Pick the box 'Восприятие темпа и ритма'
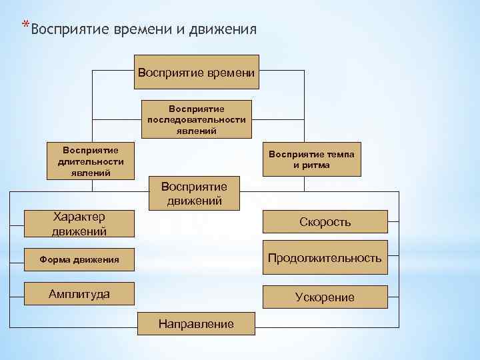click(312, 159)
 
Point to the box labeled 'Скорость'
click(325, 222)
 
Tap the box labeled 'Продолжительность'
click(325, 257)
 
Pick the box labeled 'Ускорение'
click(325, 297)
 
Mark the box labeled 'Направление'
click(196, 323)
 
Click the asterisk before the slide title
click(25, 25)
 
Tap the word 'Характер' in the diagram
click(79, 217)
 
